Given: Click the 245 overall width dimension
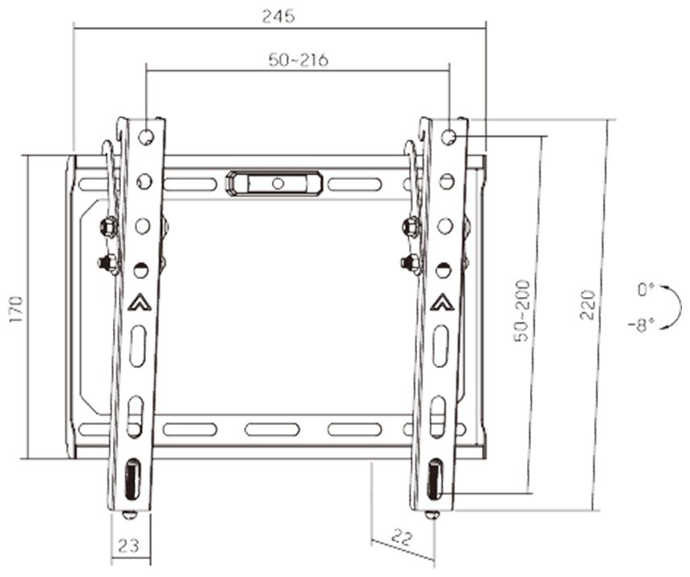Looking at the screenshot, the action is coord(278,16).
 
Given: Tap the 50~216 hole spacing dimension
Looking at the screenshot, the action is coord(299,60).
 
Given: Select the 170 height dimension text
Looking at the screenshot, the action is coord(16,309).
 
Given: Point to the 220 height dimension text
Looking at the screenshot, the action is coord(588,304).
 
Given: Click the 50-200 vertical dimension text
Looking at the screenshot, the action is coord(522,311).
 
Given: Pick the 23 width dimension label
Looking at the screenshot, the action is coord(128,546).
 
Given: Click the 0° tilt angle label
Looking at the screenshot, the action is coord(646,290).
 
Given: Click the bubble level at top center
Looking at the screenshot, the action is coord(274,182).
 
